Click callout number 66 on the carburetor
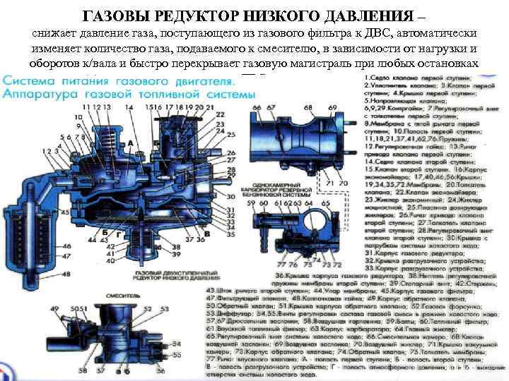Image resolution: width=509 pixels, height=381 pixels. click(x=257, y=107)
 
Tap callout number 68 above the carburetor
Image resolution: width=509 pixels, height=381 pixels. click(x=308, y=107)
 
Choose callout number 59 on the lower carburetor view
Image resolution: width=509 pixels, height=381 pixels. click(x=252, y=205)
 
